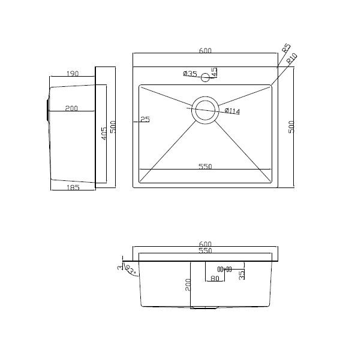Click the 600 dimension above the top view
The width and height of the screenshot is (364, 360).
pos(205,51)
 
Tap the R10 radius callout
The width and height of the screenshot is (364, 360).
pos(292,59)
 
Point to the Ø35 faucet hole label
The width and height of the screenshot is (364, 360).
pos(189,74)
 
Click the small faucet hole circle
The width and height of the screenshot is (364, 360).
pos(206,77)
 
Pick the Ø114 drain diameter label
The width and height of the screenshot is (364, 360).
pos(233,111)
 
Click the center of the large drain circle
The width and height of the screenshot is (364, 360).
pos(206,110)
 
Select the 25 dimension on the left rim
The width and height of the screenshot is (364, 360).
pos(145,119)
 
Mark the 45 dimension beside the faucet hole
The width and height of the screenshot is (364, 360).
pos(213,74)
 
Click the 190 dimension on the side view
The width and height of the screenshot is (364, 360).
pos(72,74)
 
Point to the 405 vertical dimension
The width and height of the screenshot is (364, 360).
pos(104,134)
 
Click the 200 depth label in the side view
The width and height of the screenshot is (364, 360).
pos(71,108)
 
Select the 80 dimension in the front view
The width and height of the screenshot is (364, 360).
pos(215,279)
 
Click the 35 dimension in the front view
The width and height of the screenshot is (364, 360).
pos(242,275)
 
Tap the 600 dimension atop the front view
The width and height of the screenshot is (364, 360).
pos(205,244)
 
